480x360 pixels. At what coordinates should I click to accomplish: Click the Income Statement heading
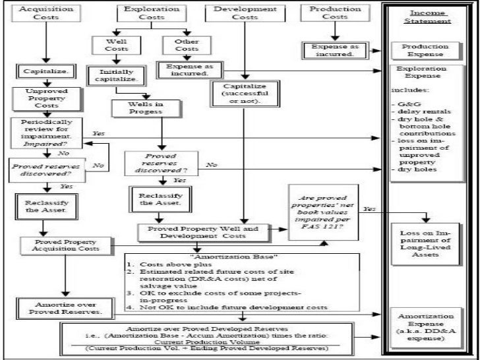pos(429,18)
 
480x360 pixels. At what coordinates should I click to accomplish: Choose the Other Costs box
pos(187,45)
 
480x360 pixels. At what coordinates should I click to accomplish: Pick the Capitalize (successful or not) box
pos(245,93)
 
